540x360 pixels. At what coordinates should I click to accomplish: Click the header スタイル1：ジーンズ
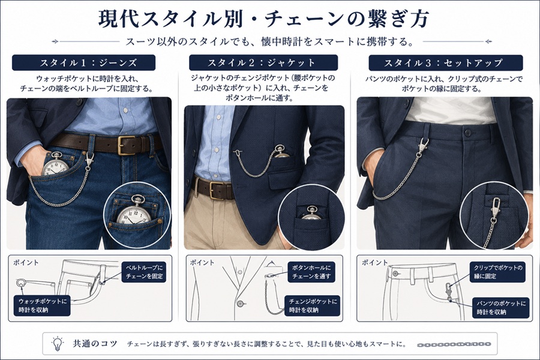point(83,62)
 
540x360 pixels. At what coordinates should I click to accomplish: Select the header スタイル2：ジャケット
point(263,62)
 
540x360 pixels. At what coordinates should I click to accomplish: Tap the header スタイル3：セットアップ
point(446,63)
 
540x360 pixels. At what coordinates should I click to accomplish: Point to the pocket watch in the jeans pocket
point(55,166)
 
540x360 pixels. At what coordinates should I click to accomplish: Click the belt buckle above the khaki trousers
point(216,190)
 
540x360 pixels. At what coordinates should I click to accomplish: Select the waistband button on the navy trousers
point(467,133)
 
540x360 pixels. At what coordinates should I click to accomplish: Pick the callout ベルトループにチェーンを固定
point(144,272)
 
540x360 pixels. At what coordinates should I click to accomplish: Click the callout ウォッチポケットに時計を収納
point(43,305)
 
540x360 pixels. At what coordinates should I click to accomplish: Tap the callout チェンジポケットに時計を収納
point(313,305)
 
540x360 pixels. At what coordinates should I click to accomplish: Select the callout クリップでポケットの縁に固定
point(497,272)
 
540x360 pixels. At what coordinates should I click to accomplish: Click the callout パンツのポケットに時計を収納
point(501,308)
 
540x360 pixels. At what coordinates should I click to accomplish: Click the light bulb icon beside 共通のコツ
point(58,343)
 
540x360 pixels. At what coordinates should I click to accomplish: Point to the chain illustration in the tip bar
point(454,344)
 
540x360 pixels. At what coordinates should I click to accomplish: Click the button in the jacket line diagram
point(240,304)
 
